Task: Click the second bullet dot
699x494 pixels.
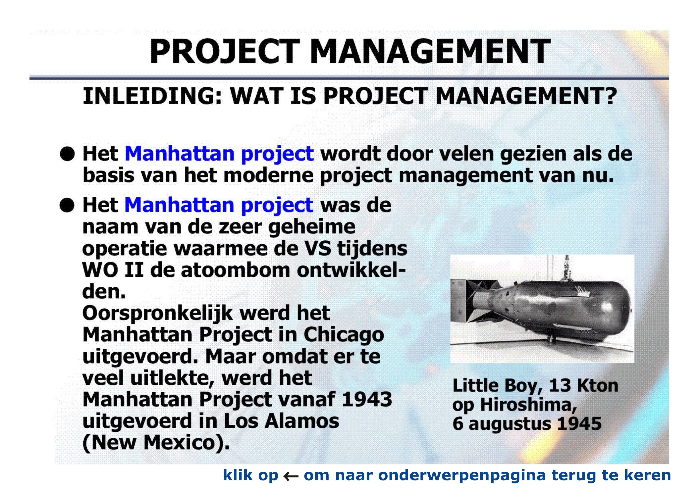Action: coord(67,205)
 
